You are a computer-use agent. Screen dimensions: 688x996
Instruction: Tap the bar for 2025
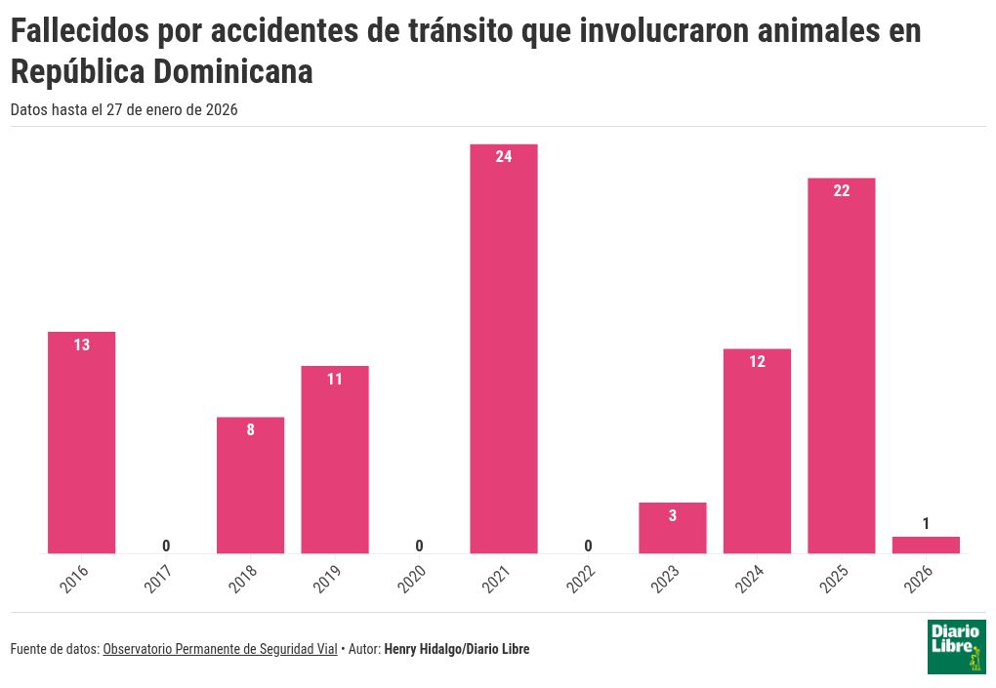842,365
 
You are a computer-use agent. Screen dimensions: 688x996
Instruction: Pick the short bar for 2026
926,545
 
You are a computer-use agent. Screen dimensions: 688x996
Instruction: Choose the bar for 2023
673,528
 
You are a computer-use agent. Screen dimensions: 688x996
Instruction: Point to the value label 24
504,156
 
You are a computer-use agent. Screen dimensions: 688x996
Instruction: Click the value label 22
842,190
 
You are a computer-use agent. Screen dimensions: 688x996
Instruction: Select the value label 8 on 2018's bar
251,429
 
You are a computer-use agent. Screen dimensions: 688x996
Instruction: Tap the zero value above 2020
420,546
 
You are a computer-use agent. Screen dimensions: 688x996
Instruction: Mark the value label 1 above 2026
926,524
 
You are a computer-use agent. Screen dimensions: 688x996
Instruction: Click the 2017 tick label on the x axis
159,579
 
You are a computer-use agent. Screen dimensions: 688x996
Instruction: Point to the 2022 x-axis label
581,579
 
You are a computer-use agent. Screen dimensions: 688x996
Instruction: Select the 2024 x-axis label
750,579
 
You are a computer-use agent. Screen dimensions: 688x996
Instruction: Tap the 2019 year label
328,579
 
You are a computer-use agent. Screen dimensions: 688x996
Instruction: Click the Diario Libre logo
956,646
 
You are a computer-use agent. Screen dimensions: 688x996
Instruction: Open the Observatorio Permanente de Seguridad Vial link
220,649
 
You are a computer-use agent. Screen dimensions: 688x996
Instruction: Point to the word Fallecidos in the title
78,32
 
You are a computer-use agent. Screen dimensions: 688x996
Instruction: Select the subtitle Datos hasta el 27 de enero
124,110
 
